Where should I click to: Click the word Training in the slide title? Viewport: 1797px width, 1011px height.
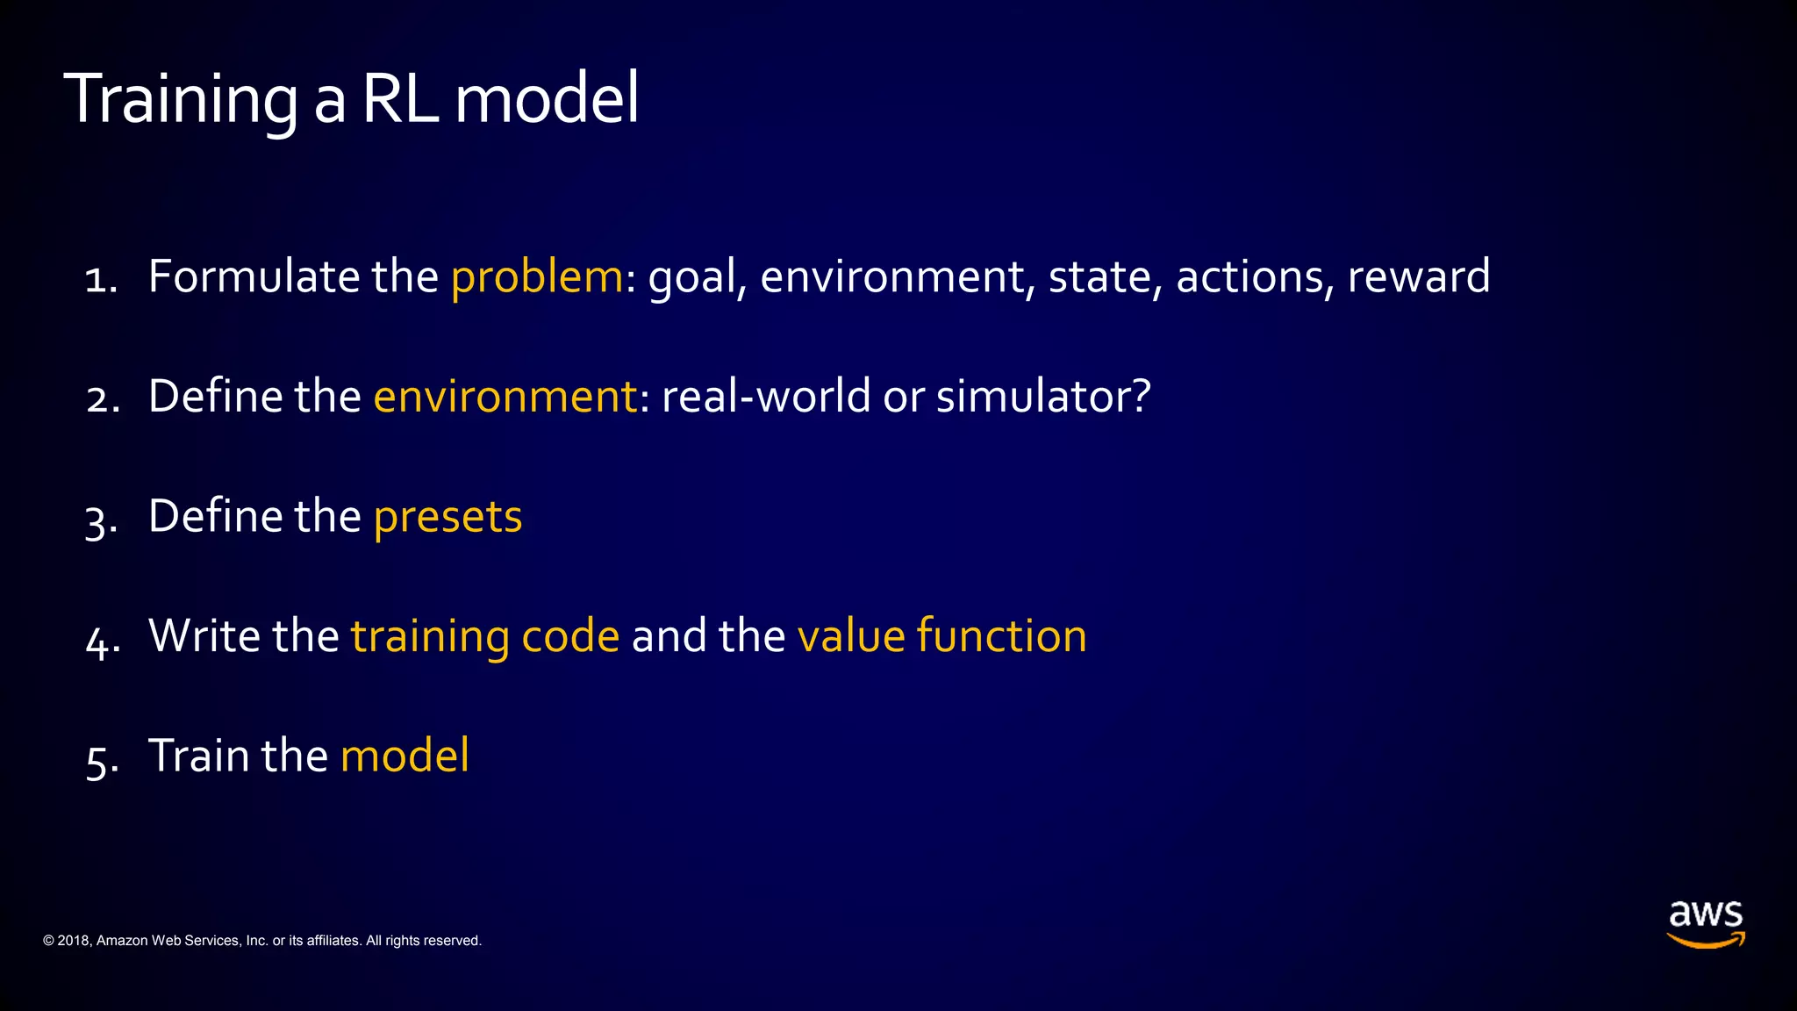click(181, 99)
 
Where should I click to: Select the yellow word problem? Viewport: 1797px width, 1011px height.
click(536, 277)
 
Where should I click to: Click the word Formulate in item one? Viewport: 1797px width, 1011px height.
click(254, 276)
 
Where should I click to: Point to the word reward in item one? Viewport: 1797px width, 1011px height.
click(1418, 277)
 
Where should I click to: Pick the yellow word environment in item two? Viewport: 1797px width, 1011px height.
click(505, 397)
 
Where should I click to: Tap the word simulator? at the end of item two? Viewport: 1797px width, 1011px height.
click(1042, 397)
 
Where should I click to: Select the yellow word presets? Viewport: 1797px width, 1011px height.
click(447, 517)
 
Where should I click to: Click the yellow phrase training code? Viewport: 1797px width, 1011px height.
click(485, 636)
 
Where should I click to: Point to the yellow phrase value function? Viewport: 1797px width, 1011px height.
click(941, 636)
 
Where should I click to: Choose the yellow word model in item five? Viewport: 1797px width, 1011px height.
click(405, 756)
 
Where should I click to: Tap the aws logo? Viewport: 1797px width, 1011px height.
click(1705, 924)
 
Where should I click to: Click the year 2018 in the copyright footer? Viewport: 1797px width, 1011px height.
click(73, 941)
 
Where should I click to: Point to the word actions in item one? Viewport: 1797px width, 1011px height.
click(1249, 277)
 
